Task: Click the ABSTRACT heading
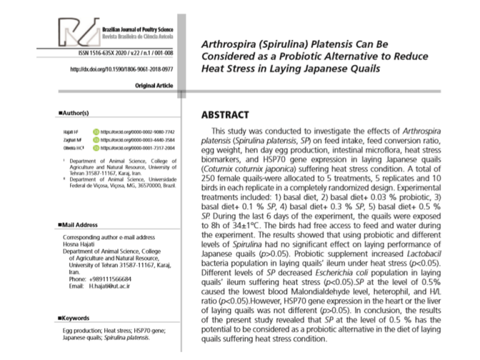pyautogui.click(x=225, y=115)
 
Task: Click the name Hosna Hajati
pyautogui.click(x=79, y=244)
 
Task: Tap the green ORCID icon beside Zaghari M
pyautogui.click(x=96, y=141)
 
